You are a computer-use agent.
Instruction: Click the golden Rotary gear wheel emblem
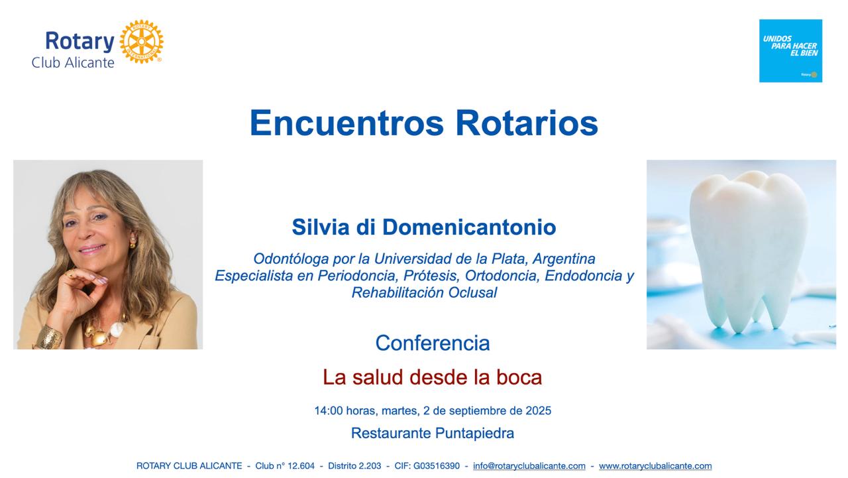[141, 42]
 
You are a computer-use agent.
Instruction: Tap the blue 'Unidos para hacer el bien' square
[790, 51]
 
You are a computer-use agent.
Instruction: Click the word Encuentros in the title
[346, 123]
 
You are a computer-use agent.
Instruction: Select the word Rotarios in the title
[527, 123]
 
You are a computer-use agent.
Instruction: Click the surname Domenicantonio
[469, 227]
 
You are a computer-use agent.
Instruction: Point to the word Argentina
[564, 259]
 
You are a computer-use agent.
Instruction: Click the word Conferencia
[433, 343]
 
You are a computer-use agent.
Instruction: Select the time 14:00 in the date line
[329, 410]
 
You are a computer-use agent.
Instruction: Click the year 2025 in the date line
[539, 410]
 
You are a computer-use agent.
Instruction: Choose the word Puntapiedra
[474, 434]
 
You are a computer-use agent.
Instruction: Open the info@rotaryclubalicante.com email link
[529, 466]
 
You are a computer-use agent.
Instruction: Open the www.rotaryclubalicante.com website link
[655, 466]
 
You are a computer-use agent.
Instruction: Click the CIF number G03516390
[437, 466]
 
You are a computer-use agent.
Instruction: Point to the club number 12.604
[301, 466]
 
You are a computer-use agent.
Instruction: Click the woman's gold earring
[133, 241]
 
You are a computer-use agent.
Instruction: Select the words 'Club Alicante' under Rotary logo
[73, 63]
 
